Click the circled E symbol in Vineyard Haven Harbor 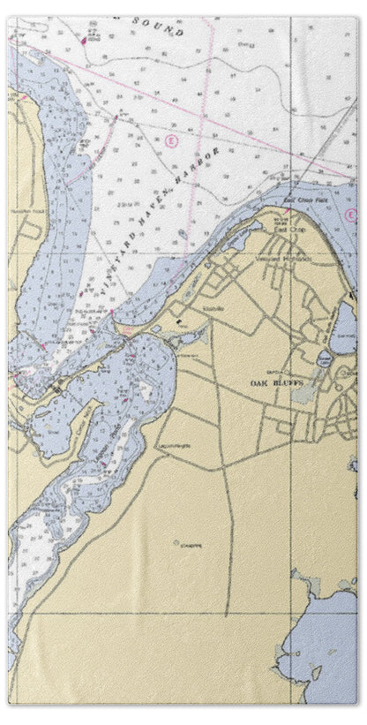coord(168,140)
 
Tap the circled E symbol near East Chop coord(350,215)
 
